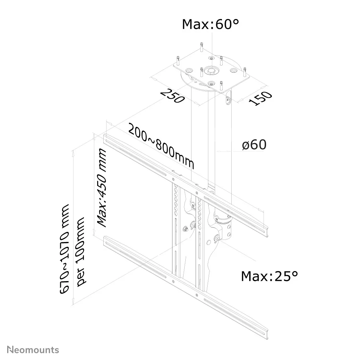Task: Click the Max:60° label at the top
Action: (x=210, y=24)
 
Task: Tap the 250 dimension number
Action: (x=173, y=96)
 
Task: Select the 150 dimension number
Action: (x=261, y=98)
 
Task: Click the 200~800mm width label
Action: (x=161, y=147)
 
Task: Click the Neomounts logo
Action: (x=33, y=349)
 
